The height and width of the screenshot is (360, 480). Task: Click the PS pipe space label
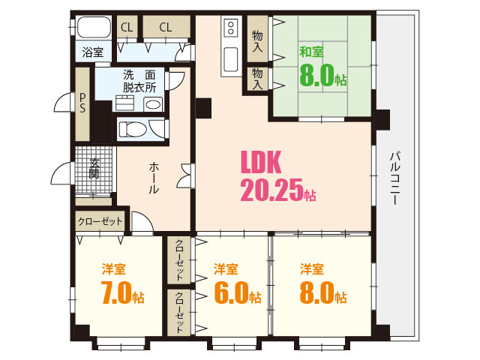(x=82, y=103)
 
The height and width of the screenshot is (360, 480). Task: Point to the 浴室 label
(x=92, y=52)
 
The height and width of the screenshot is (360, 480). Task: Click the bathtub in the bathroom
(x=93, y=28)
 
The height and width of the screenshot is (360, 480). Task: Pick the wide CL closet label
(x=165, y=28)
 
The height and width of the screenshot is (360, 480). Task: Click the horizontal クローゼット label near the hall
(x=100, y=221)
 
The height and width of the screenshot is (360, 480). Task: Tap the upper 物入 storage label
(x=257, y=40)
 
